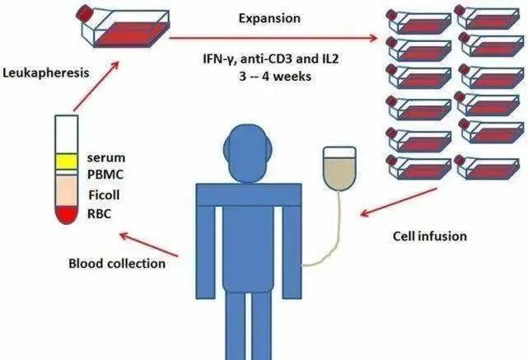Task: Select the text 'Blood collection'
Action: click(116, 264)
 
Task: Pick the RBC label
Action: click(100, 214)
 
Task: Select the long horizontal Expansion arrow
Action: click(272, 38)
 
